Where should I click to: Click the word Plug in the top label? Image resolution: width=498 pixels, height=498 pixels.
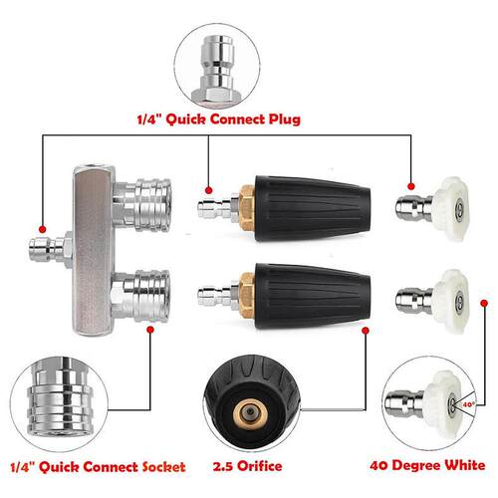(285, 120)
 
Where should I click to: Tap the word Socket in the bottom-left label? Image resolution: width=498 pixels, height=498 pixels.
(163, 467)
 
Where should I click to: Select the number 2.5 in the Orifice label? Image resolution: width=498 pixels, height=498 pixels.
(223, 466)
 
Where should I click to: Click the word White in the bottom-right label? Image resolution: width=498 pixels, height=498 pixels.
(465, 465)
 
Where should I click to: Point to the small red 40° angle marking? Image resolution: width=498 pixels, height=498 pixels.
(468, 404)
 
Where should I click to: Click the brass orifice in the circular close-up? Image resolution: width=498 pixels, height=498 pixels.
(251, 412)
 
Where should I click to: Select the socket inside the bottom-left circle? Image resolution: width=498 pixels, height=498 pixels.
(59, 397)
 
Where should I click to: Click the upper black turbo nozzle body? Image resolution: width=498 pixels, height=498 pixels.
(313, 209)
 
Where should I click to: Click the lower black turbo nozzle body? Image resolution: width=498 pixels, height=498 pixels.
(313, 297)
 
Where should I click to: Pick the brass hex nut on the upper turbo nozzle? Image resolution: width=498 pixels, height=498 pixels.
(247, 207)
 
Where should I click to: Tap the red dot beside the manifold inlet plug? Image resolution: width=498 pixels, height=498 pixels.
(42, 229)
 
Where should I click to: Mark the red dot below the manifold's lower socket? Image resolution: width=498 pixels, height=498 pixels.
(150, 330)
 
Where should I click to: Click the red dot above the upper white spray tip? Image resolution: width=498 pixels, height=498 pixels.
(411, 186)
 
